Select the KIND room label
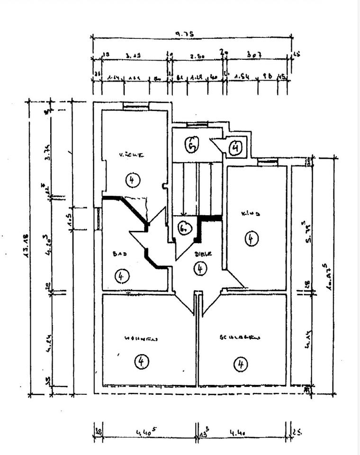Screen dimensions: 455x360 (251, 214)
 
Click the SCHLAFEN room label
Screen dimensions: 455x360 (240, 338)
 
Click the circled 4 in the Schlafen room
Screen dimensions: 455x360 (241, 364)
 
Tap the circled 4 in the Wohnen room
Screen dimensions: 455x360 (141, 362)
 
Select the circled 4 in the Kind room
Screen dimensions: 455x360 (251, 239)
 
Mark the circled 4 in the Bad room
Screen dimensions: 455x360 (121, 275)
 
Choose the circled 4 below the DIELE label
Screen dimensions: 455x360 (200, 269)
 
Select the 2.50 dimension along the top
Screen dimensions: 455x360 (197, 56)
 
